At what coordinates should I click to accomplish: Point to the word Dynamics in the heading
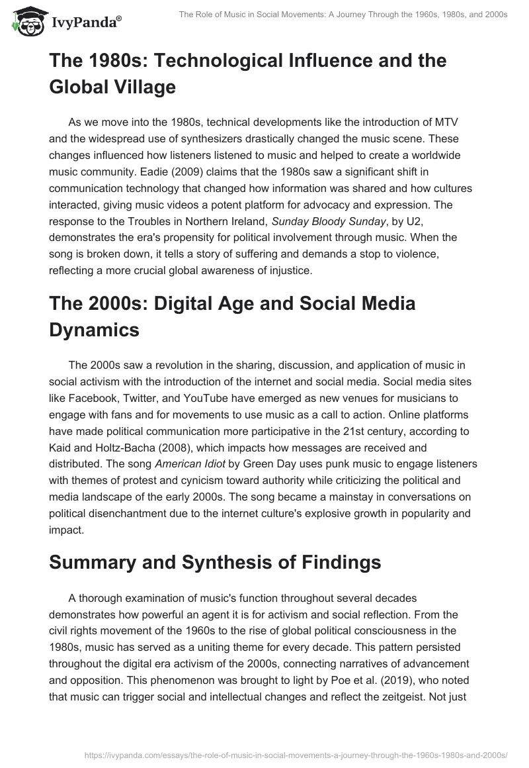click(x=95, y=329)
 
